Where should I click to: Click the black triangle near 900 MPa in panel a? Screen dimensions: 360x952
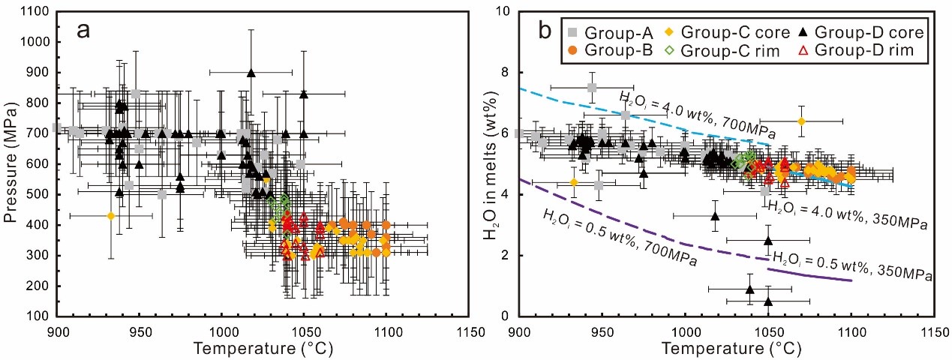(x=251, y=73)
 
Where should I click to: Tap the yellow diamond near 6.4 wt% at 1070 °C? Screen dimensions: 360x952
(x=801, y=121)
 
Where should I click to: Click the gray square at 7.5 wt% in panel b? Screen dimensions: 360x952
(x=592, y=88)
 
